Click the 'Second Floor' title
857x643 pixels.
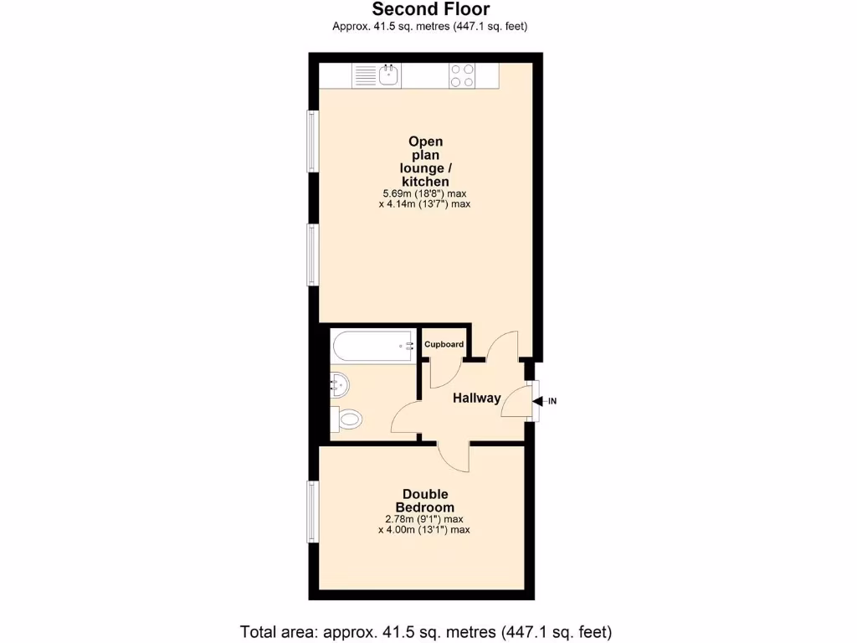(x=430, y=9)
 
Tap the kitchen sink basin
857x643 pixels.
(x=388, y=75)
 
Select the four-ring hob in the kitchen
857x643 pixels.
(x=462, y=75)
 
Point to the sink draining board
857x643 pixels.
(x=365, y=75)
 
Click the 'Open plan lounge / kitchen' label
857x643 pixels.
(x=425, y=162)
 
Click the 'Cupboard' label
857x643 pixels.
(x=444, y=344)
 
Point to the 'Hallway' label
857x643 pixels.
(x=477, y=399)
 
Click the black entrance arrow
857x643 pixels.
(x=537, y=401)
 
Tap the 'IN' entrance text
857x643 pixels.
(x=552, y=401)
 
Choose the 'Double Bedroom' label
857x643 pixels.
(x=425, y=501)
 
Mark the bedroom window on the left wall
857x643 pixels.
(x=313, y=511)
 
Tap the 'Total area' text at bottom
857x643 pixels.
(x=426, y=631)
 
